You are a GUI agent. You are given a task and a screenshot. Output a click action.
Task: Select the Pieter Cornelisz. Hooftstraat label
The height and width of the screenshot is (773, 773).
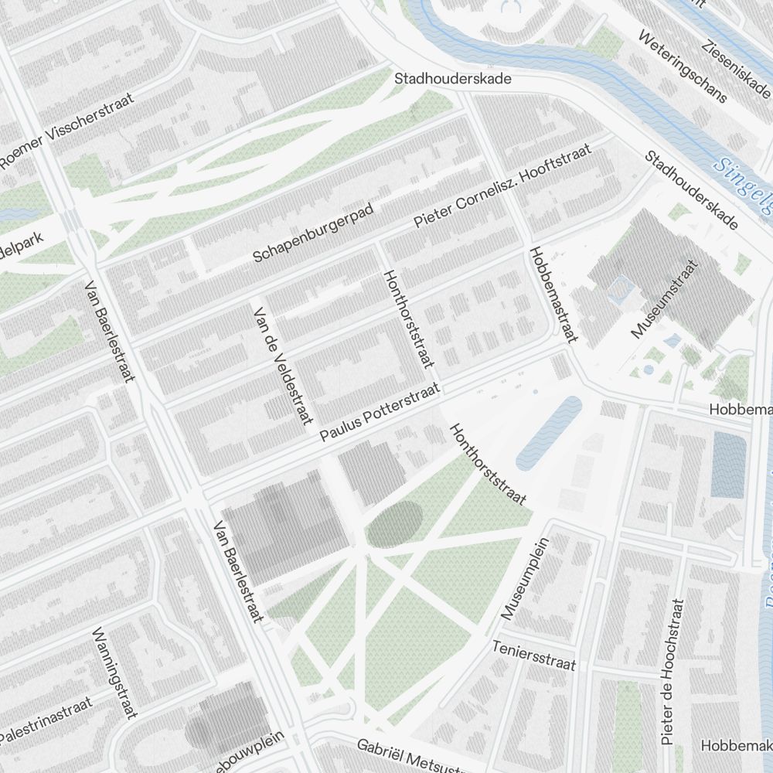(502, 185)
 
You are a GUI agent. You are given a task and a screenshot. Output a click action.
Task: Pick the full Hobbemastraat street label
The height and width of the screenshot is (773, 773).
(554, 295)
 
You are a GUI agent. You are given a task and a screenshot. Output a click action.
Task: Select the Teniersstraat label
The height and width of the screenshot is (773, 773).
(534, 655)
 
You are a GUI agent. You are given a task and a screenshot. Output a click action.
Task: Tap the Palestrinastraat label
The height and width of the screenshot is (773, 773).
(46, 720)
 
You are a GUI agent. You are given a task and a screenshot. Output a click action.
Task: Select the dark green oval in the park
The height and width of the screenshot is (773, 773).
(394, 524)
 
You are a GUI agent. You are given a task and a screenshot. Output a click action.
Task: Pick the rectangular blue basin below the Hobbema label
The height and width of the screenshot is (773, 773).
(727, 464)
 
